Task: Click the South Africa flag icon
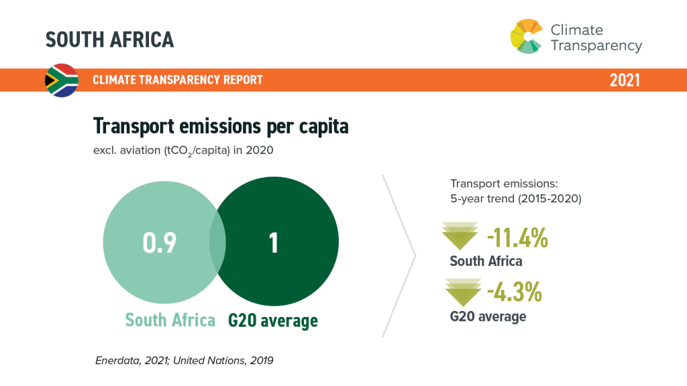62,80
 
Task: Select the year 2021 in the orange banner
624,80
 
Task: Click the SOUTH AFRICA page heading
109,40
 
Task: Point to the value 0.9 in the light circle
160,243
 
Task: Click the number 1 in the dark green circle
274,243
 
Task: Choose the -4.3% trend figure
514,293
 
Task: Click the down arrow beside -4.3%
463,292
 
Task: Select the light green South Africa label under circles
170,320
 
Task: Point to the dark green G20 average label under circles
273,320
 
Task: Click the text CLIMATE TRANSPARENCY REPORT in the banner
178,80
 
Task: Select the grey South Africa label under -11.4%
486,261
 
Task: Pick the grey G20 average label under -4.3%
488,316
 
